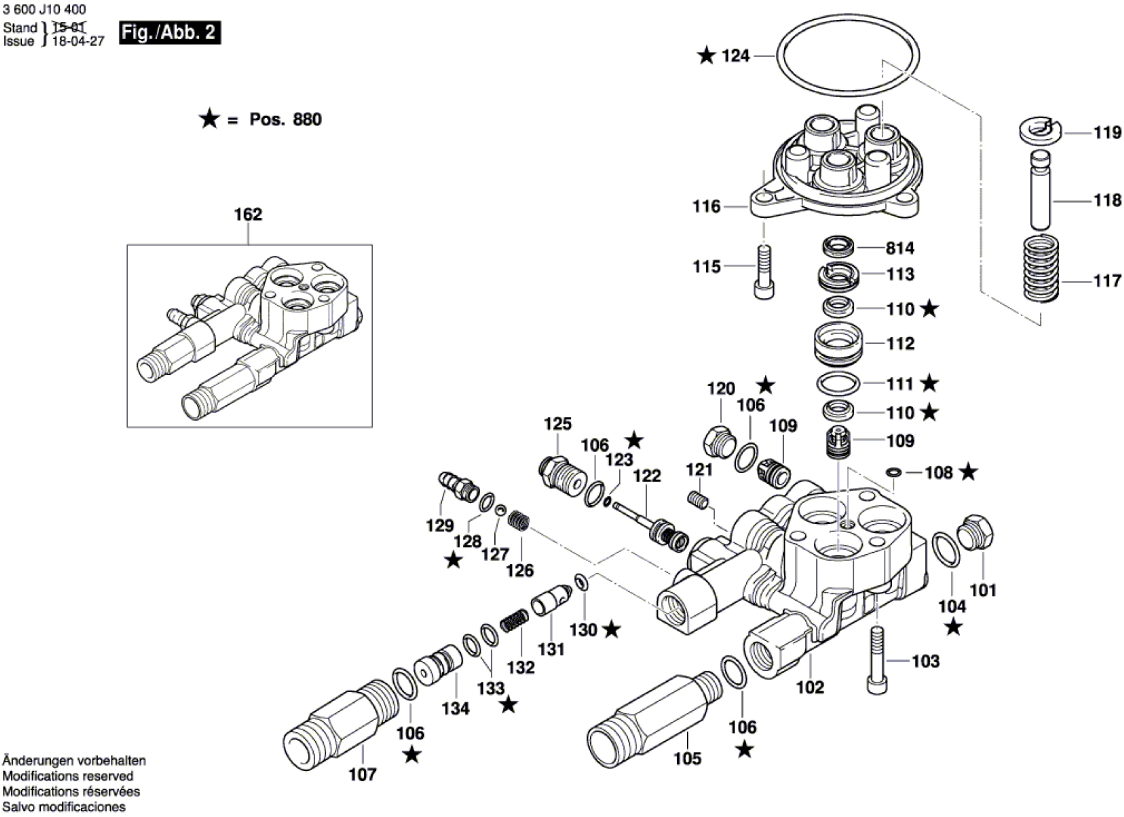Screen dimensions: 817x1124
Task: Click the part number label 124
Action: pyautogui.click(x=735, y=56)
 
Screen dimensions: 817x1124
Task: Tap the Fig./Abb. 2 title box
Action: pyautogui.click(x=169, y=33)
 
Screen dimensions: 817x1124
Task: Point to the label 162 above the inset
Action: pyautogui.click(x=248, y=214)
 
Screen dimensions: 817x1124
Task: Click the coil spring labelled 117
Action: pyautogui.click(x=1042, y=268)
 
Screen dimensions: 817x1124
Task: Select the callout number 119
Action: pyautogui.click(x=1107, y=133)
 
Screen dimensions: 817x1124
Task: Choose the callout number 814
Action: pyautogui.click(x=900, y=248)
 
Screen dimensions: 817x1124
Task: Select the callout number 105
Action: pyautogui.click(x=687, y=758)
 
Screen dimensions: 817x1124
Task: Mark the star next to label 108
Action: pyautogui.click(x=968, y=473)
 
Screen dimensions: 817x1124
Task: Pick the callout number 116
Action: pyautogui.click(x=706, y=207)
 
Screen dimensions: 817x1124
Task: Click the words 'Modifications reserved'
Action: pyautogui.click(x=68, y=776)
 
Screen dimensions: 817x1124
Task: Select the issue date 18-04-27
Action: pyautogui.click(x=78, y=41)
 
